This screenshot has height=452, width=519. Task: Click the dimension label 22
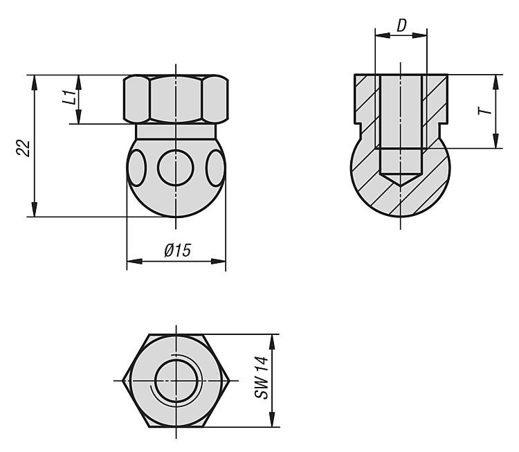[x=23, y=148]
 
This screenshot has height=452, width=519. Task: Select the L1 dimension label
[x=69, y=97]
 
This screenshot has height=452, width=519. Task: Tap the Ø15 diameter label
[x=178, y=251]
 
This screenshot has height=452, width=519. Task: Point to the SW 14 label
[x=262, y=377]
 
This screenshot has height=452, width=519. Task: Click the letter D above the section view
[x=401, y=26]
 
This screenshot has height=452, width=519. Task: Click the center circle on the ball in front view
[x=176, y=168]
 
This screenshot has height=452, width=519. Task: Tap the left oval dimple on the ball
[x=136, y=168]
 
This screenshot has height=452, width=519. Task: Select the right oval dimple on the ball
[x=215, y=168]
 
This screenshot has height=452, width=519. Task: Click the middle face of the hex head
[x=176, y=99]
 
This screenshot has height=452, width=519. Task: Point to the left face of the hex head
[x=136, y=99]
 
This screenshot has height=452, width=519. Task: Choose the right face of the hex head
[x=215, y=99]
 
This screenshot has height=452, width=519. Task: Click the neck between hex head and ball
[x=176, y=131]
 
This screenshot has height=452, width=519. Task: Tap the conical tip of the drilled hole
[x=401, y=179]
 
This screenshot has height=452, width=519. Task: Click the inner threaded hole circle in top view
[x=176, y=381]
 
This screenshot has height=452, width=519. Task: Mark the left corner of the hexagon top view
[x=122, y=381]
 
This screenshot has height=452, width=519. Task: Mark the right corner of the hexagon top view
[x=230, y=381]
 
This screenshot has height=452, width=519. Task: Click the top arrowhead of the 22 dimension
[x=34, y=82]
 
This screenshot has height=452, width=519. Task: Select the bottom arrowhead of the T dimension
[x=495, y=141]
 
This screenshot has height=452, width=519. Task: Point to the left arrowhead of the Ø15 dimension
[x=134, y=261]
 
